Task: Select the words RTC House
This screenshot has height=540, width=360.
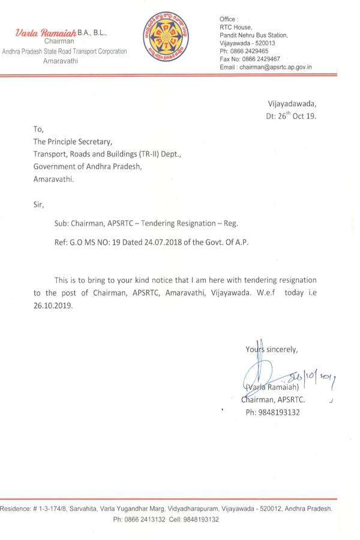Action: [236, 27]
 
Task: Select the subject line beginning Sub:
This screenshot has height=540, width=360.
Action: [146, 223]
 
